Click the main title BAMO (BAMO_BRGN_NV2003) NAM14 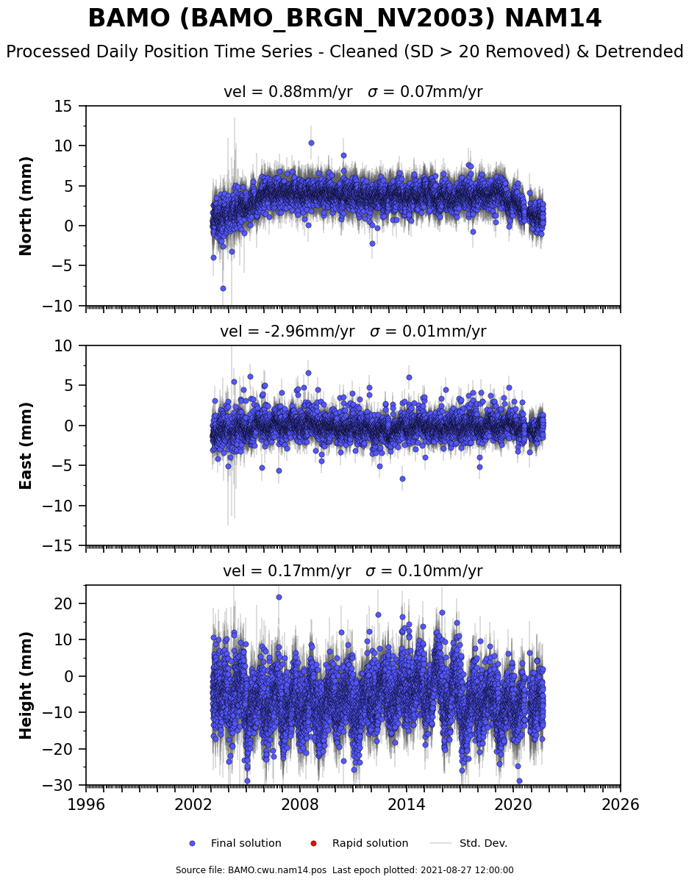[x=344, y=18]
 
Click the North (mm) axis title [x=26, y=207]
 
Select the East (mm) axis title [x=26, y=446]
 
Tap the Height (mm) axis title [x=26, y=686]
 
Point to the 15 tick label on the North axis [x=63, y=107]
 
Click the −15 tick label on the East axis [x=57, y=546]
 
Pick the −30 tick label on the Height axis [x=57, y=786]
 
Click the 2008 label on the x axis [x=300, y=804]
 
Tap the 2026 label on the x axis [x=621, y=804]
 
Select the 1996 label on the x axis [x=86, y=804]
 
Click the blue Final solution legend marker [x=193, y=844]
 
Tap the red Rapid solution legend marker [x=313, y=844]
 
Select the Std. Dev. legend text [x=483, y=844]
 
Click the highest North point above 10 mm [x=311, y=143]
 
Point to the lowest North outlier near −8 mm [x=223, y=289]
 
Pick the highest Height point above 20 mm [x=279, y=597]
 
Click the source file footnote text [x=344, y=870]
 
